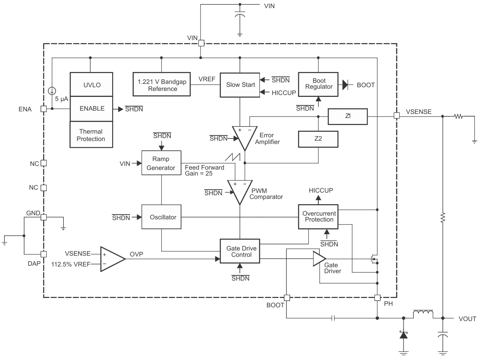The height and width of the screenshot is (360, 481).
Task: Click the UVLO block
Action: click(91, 85)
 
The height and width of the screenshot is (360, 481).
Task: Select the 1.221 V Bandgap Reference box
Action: click(162, 85)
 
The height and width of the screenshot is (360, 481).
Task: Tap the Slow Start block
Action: click(240, 85)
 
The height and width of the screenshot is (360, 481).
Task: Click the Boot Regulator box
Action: click(318, 84)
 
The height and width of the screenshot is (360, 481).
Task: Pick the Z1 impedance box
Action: click(348, 117)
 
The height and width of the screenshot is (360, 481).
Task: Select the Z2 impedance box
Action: click(318, 139)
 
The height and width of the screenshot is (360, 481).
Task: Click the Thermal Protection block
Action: click(91, 135)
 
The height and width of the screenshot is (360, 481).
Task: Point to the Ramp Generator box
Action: click(161, 163)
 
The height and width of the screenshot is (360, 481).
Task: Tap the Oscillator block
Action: click(162, 217)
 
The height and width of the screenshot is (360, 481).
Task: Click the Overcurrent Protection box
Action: click(318, 216)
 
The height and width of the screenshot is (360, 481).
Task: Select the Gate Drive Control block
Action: click(240, 251)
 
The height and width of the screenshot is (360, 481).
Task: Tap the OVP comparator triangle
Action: click(112, 259)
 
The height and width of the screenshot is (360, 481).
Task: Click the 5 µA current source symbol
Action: click(52, 91)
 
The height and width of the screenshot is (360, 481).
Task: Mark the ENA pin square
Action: click(43, 109)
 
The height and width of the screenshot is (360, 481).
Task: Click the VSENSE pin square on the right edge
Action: click(397, 116)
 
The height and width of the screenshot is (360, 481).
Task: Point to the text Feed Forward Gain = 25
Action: click(204, 170)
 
